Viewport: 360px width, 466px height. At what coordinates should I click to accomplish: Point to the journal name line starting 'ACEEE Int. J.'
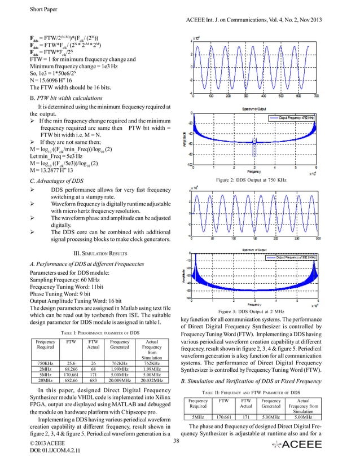267,20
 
